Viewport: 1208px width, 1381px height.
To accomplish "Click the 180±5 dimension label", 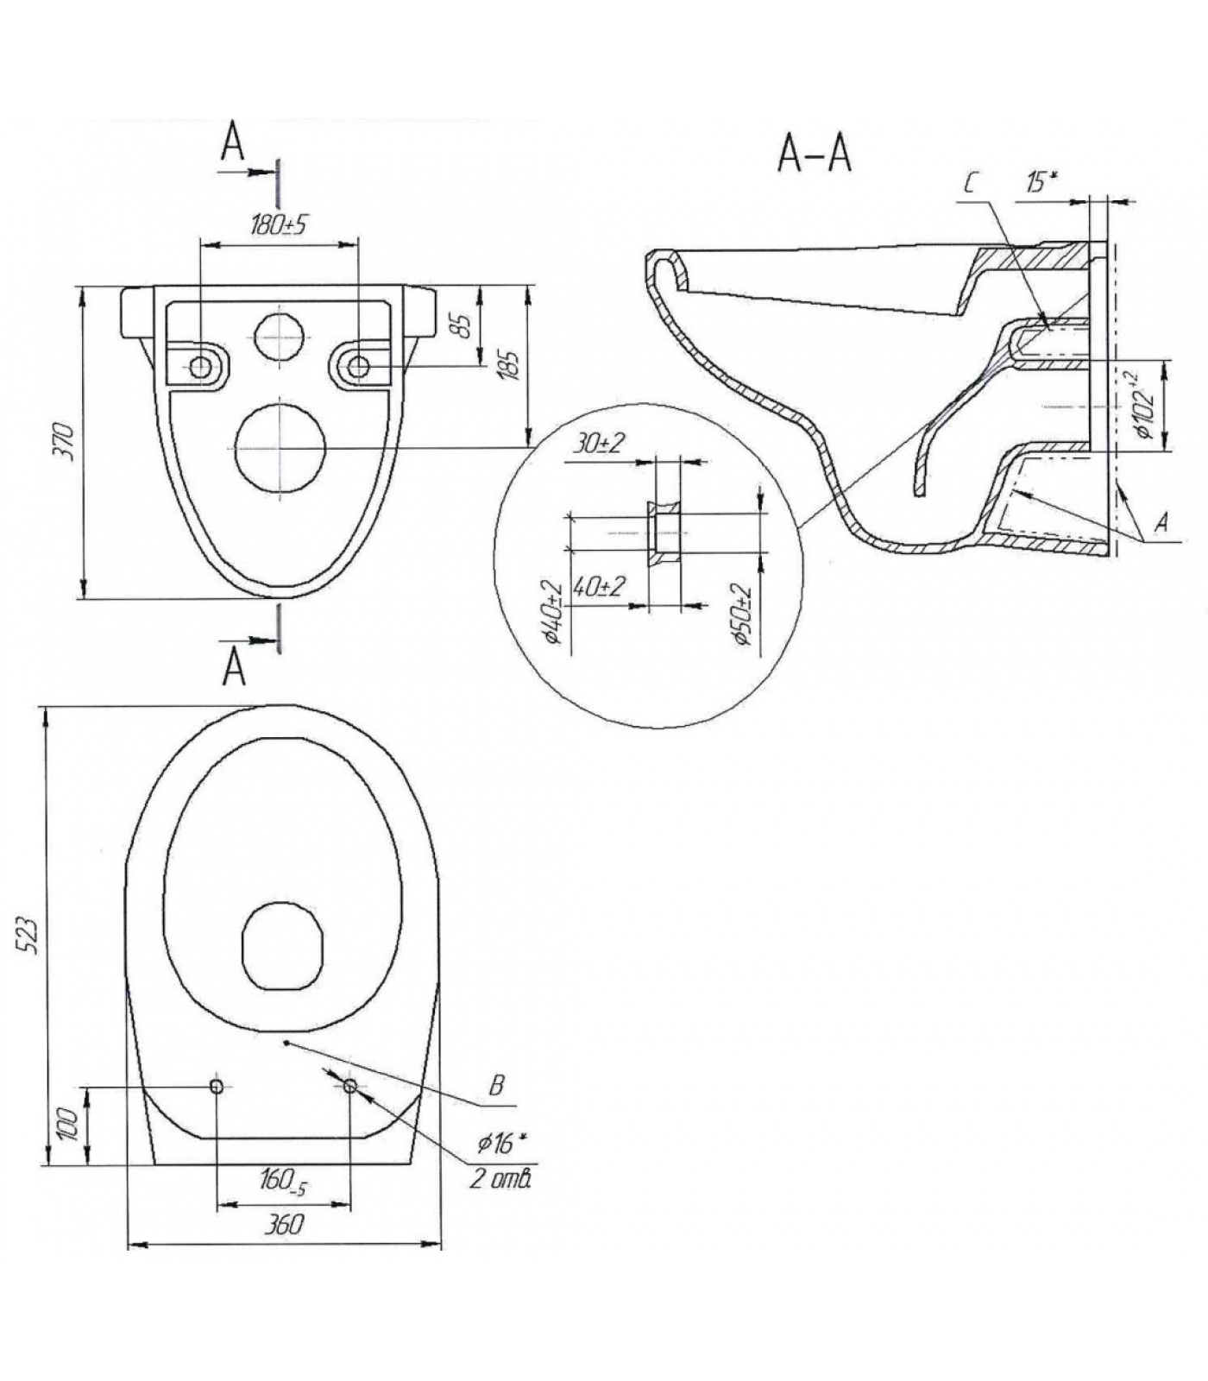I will point(278,225).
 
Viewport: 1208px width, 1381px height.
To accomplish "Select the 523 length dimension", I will point(28,935).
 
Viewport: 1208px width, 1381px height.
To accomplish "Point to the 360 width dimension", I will point(284,1224).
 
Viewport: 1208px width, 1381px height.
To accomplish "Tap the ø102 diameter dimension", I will point(1145,405).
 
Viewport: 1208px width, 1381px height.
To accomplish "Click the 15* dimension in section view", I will point(1041,182).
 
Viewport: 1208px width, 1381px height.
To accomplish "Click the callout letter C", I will point(971,183).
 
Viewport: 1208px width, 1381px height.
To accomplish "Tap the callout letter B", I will point(496,1085).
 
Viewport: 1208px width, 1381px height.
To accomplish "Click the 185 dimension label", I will point(509,364).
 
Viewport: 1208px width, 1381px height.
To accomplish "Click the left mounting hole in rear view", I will point(200,367).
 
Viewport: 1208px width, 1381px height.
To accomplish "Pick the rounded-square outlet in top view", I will point(282,946).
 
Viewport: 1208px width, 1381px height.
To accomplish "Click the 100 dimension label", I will point(71,1125).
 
